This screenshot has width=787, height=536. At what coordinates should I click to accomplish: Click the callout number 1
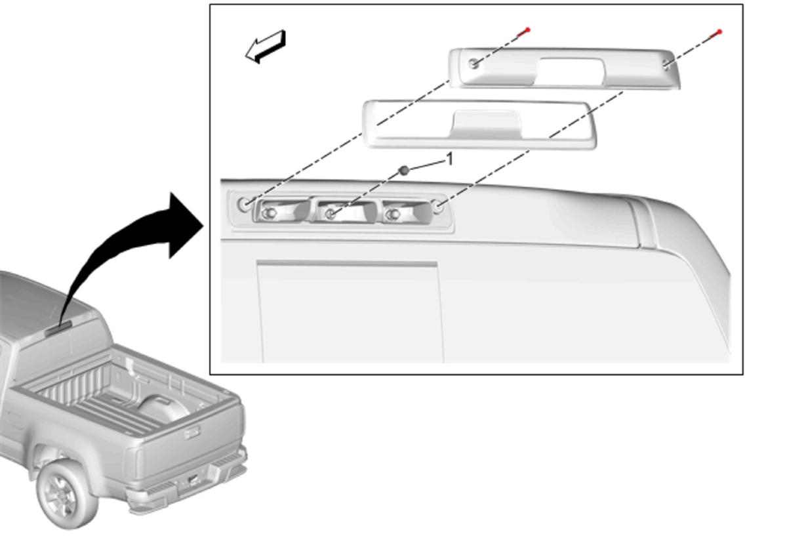pos(449,159)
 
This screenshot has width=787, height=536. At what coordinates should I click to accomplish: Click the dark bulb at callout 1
pos(404,171)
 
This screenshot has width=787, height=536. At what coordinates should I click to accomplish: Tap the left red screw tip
pos(527,30)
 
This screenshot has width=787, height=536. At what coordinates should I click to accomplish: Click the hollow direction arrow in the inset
pos(266,47)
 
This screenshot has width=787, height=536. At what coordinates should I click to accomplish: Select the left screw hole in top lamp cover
pos(474,64)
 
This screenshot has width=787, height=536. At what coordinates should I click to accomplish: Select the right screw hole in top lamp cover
pos(666,64)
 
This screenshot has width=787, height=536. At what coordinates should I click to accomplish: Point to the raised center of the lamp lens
pos(485,124)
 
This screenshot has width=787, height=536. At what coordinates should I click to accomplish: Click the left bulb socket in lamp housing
pos(269,213)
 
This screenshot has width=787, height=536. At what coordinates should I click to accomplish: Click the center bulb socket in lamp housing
pos(331,213)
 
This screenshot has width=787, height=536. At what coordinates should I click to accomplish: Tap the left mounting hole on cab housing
pos(244,204)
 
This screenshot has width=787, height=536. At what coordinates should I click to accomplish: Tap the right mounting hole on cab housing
pos(438,207)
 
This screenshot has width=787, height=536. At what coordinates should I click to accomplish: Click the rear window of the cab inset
pos(350,312)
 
